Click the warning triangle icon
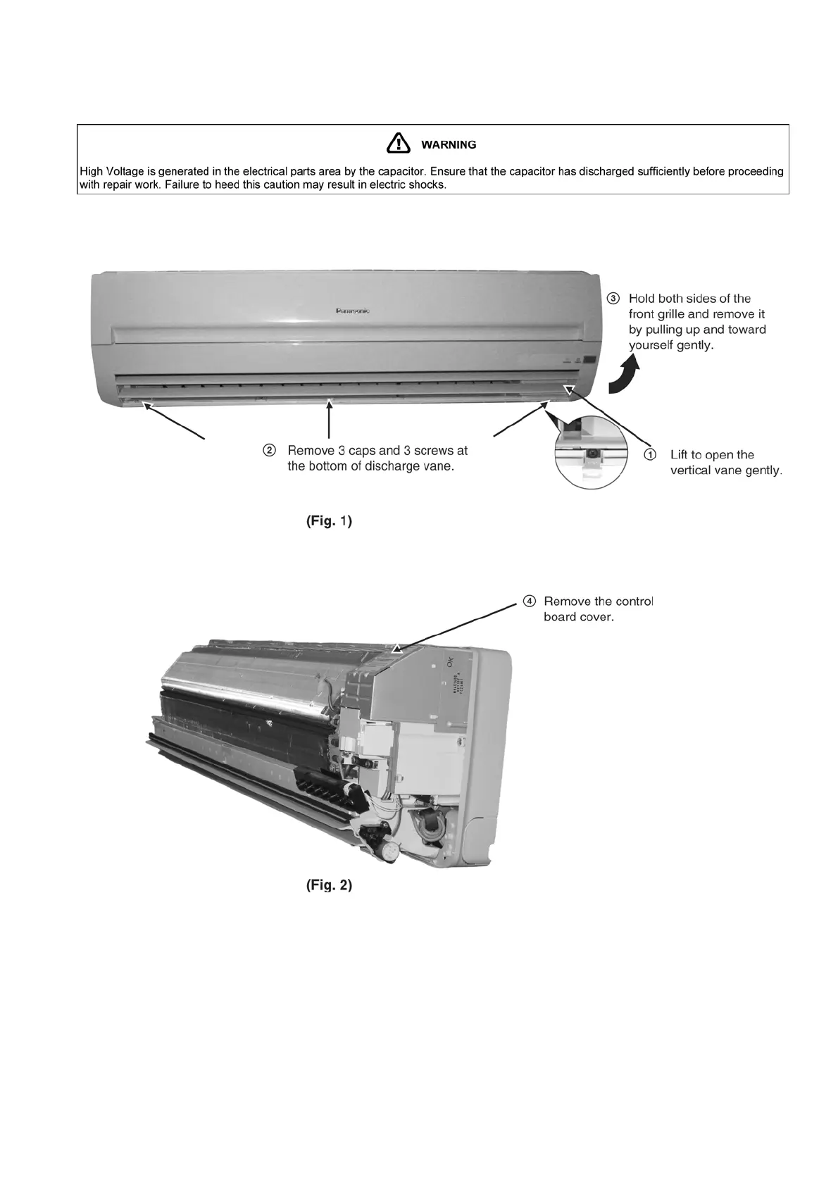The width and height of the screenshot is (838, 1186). [x=399, y=143]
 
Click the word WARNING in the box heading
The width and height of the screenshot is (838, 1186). [x=449, y=145]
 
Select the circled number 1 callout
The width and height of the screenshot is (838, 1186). [x=651, y=455]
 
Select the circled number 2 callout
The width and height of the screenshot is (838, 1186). [x=269, y=450]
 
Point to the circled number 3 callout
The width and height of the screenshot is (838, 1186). [x=613, y=299]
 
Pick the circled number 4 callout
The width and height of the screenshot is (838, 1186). [x=529, y=601]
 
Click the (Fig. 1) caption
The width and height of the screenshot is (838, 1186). [x=329, y=521]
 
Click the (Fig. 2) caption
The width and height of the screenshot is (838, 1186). [x=329, y=885]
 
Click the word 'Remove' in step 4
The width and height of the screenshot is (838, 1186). [x=567, y=601]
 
